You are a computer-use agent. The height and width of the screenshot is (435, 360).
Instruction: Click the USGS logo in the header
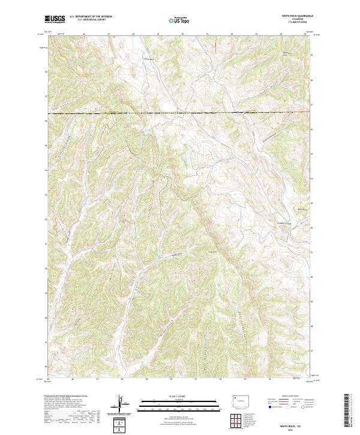pyautogui.click(x=55, y=19)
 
